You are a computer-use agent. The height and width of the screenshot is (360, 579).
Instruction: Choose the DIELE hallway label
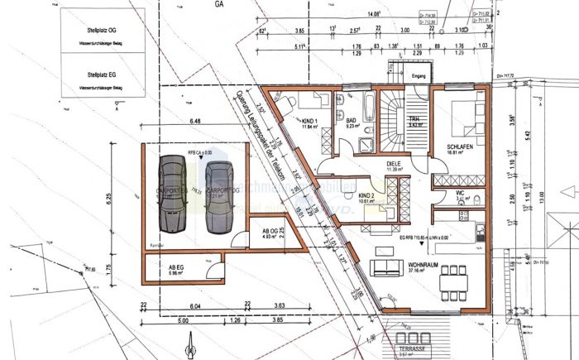(x=393, y=164)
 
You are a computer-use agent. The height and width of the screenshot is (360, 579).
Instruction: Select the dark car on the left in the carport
(x=174, y=194)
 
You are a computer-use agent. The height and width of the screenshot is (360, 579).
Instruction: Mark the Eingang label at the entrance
(x=419, y=76)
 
